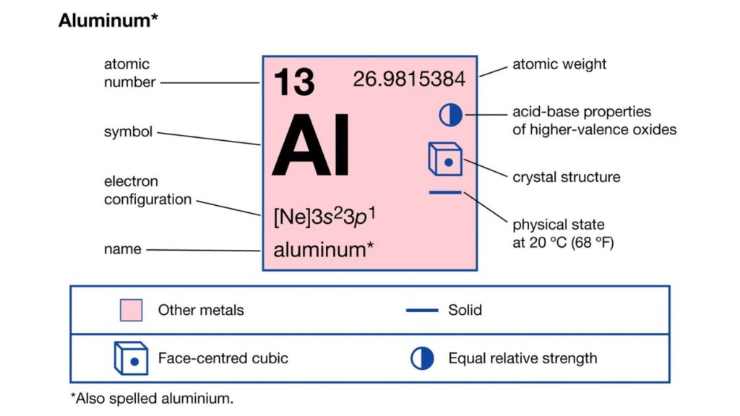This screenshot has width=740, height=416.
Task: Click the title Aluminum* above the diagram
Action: tap(108, 21)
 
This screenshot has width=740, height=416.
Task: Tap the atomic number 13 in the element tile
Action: tap(294, 82)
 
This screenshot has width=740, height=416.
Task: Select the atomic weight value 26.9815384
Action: tap(409, 79)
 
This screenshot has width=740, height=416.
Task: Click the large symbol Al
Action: tap(311, 144)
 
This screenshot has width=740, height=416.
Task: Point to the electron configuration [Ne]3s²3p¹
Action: tap(324, 217)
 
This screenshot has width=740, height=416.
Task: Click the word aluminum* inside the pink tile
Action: tap(324, 250)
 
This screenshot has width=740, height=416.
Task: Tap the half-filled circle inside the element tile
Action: tap(451, 115)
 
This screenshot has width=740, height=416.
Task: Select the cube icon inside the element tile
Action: tap(445, 159)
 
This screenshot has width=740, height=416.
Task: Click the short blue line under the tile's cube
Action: tap(445, 192)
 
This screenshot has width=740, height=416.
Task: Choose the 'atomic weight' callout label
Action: tap(559, 64)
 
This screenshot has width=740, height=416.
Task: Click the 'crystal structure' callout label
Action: tap(567, 178)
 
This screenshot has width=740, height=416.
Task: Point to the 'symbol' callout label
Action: tap(129, 131)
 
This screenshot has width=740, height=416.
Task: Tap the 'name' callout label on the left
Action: tap(123, 249)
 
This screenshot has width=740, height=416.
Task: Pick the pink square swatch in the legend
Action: tap(132, 310)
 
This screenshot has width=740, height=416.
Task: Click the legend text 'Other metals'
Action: tap(201, 311)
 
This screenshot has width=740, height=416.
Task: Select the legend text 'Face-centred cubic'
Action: tap(223, 358)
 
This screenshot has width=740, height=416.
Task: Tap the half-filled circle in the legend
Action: tap(422, 358)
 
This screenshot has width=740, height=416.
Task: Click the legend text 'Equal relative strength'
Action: tap(523, 358)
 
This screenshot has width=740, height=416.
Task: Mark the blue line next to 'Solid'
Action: tap(422, 311)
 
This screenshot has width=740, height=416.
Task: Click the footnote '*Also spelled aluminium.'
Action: tap(152, 399)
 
